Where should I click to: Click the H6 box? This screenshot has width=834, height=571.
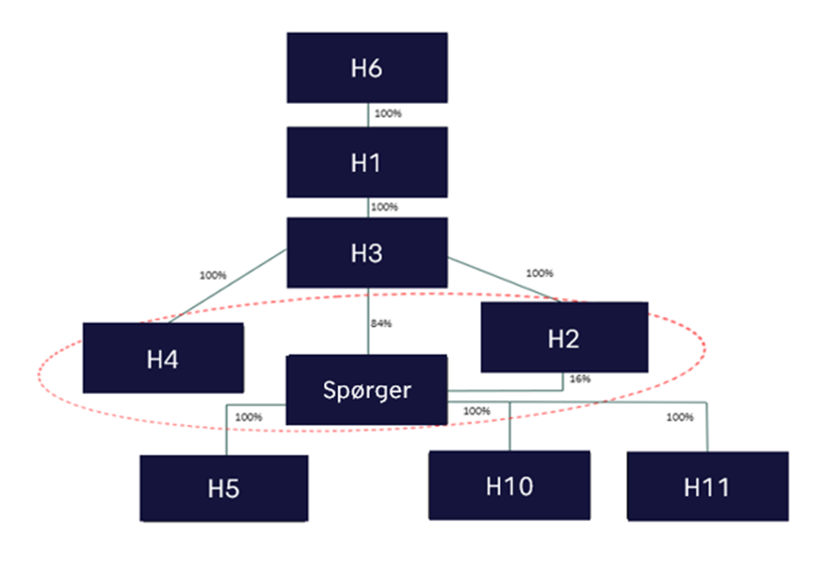pyautogui.click(x=367, y=68)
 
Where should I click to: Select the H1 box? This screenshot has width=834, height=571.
pyautogui.click(x=367, y=162)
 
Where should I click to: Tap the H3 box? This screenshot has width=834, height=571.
pyautogui.click(x=367, y=253)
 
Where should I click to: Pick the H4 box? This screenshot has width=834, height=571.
pyautogui.click(x=162, y=358)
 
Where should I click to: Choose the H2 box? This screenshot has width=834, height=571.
pyautogui.click(x=564, y=338)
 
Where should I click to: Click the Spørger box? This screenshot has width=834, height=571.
pyautogui.click(x=367, y=390)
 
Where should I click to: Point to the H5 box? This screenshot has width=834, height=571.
pyautogui.click(x=223, y=487)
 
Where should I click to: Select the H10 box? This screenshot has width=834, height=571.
pyautogui.click(x=509, y=485)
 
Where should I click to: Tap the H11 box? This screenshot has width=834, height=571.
pyautogui.click(x=708, y=486)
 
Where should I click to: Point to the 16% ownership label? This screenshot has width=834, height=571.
pyautogui.click(x=580, y=378)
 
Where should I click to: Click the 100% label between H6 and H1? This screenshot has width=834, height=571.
pyautogui.click(x=388, y=114)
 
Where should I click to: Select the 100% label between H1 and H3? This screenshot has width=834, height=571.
pyautogui.click(x=383, y=207)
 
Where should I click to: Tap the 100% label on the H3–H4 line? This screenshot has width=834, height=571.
pyautogui.click(x=213, y=275)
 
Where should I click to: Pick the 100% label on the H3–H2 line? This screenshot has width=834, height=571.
pyautogui.click(x=540, y=273)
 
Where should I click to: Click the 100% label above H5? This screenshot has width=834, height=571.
pyautogui.click(x=248, y=417)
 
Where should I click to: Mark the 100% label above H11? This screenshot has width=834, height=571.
pyautogui.click(x=680, y=417)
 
